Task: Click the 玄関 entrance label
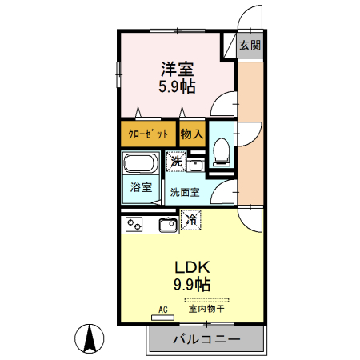[250, 45]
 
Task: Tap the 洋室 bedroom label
[178, 69]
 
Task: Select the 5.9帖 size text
[178, 86]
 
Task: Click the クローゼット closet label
[148, 134]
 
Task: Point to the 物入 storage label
[192, 134]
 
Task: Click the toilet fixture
[222, 152]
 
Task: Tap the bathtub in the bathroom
[141, 162]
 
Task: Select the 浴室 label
[141, 187]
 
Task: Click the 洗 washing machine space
[176, 161]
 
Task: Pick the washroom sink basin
[195, 165]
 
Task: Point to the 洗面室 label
[185, 192]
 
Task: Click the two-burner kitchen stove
[134, 224]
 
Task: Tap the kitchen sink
[169, 226]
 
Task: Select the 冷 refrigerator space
[191, 220]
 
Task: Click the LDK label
[192, 267]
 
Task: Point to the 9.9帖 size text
[192, 284]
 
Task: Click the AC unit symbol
[162, 318]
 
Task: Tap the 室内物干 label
[206, 309]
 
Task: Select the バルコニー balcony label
[206, 339]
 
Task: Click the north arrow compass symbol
[90, 338]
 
